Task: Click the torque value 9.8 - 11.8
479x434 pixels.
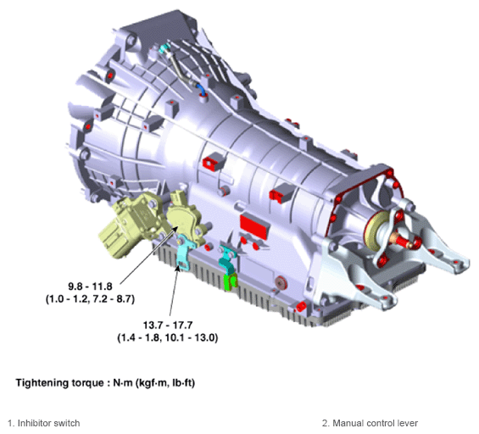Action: pos(90,287)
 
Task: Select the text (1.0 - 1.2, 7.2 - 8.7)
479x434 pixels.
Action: pos(90,298)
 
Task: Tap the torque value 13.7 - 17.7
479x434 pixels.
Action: pos(168,325)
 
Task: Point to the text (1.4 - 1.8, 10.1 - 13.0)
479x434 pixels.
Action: pos(167,338)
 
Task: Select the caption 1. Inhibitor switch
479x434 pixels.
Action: pos(44,423)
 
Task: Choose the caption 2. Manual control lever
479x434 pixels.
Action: pos(370,423)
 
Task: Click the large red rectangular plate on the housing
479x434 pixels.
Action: pos(255,226)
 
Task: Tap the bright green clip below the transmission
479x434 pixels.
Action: pos(231,281)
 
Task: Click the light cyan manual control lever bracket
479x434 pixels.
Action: pos(184,253)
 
